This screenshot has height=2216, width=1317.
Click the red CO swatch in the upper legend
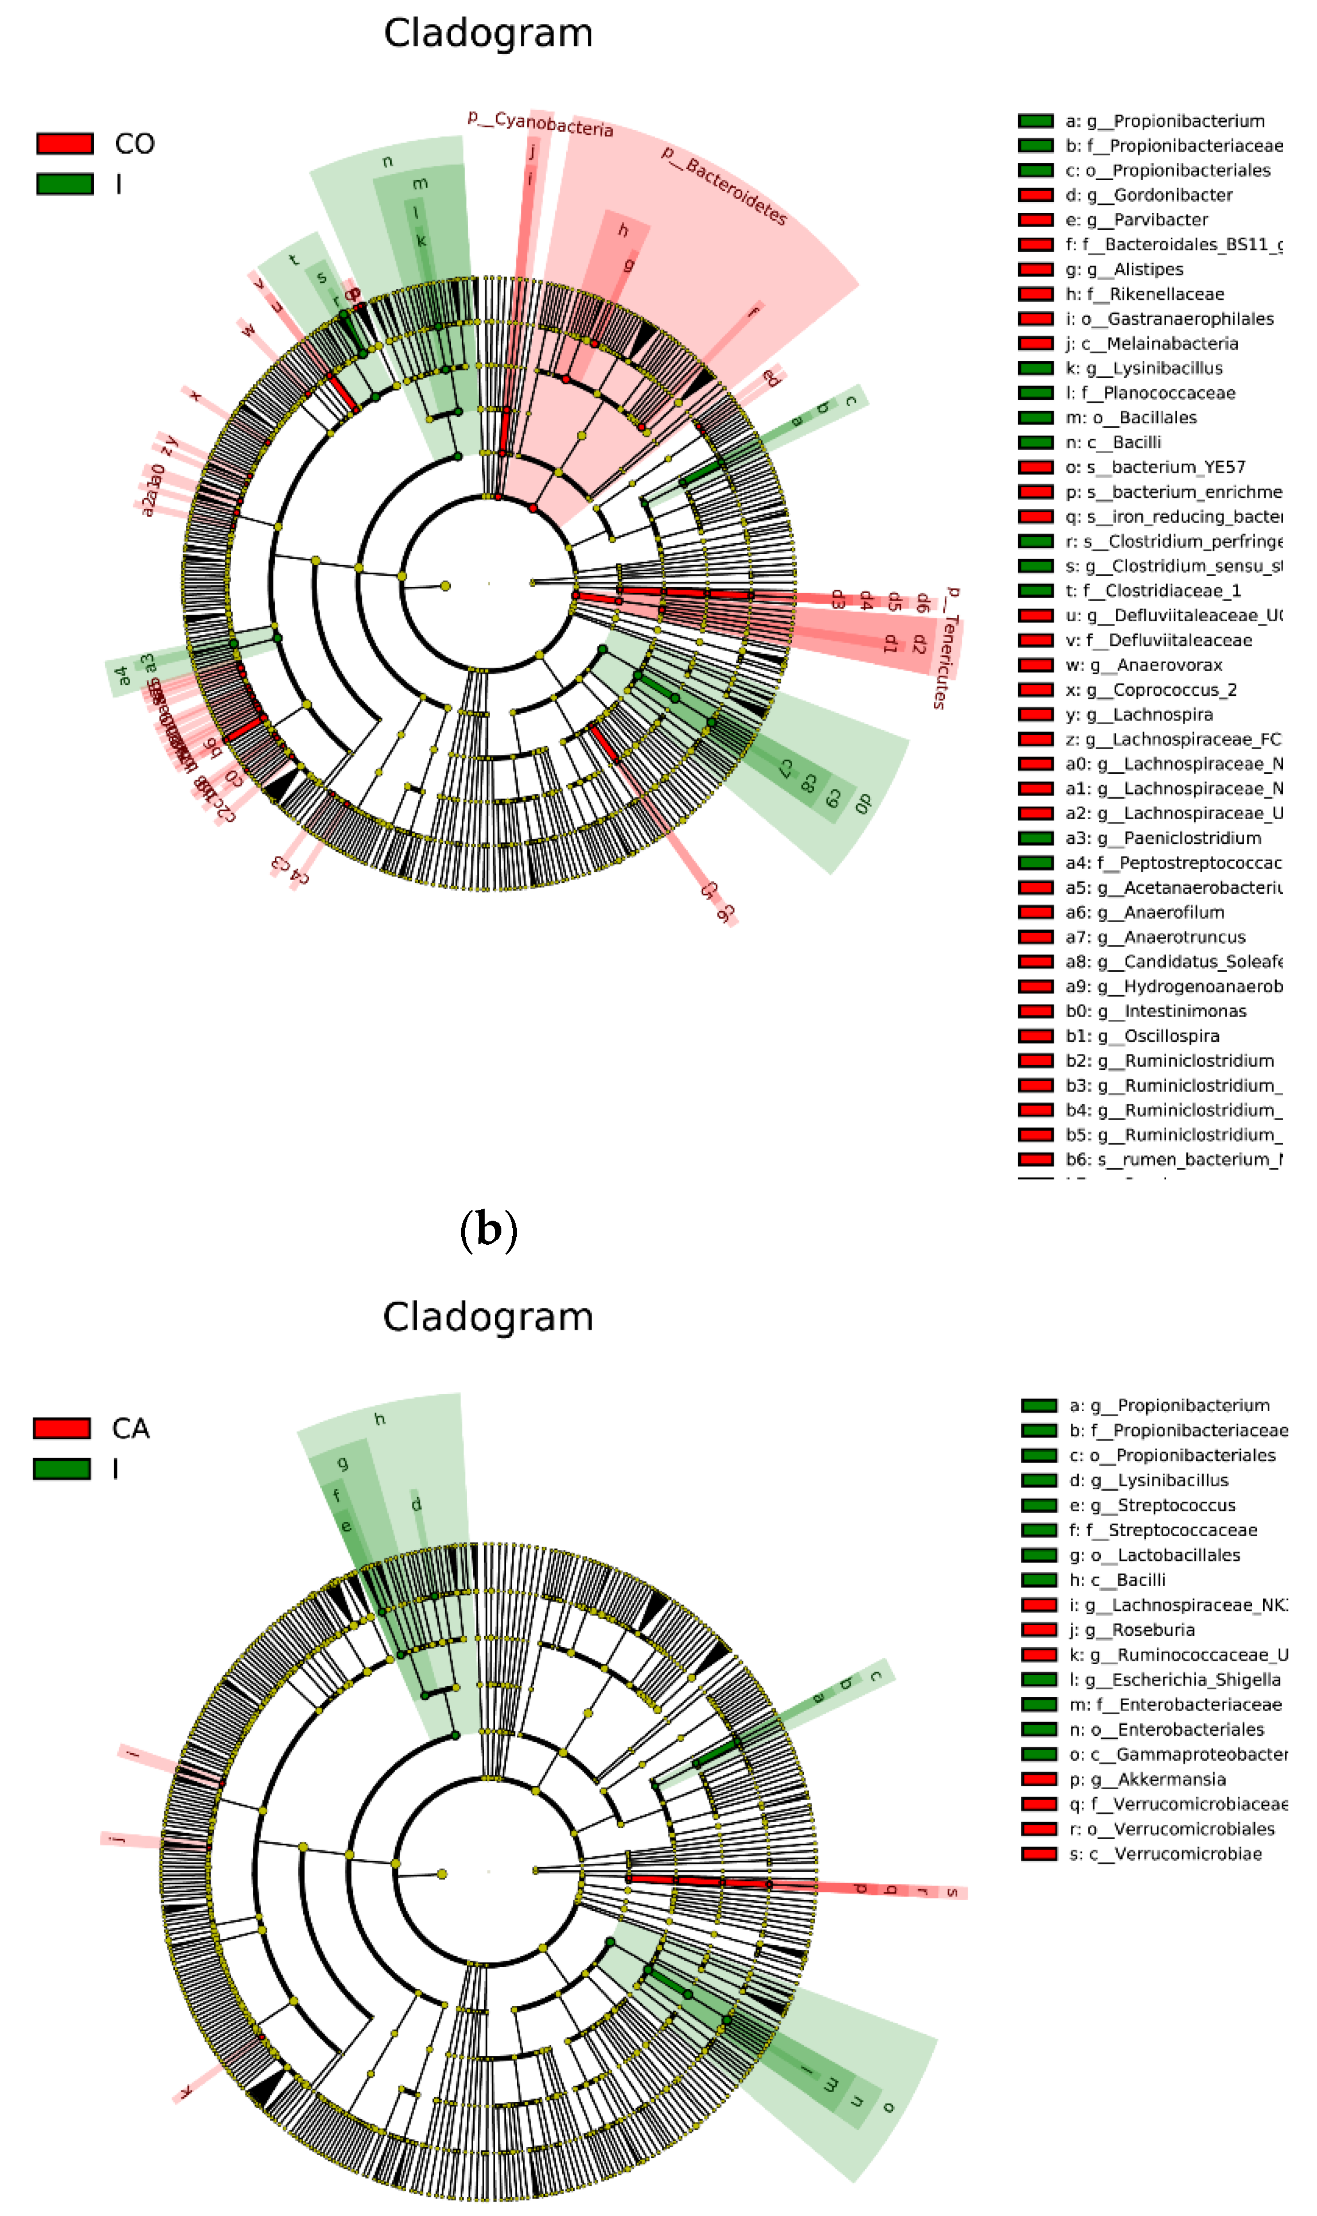(65, 143)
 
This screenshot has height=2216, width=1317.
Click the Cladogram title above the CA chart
(488, 1316)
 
